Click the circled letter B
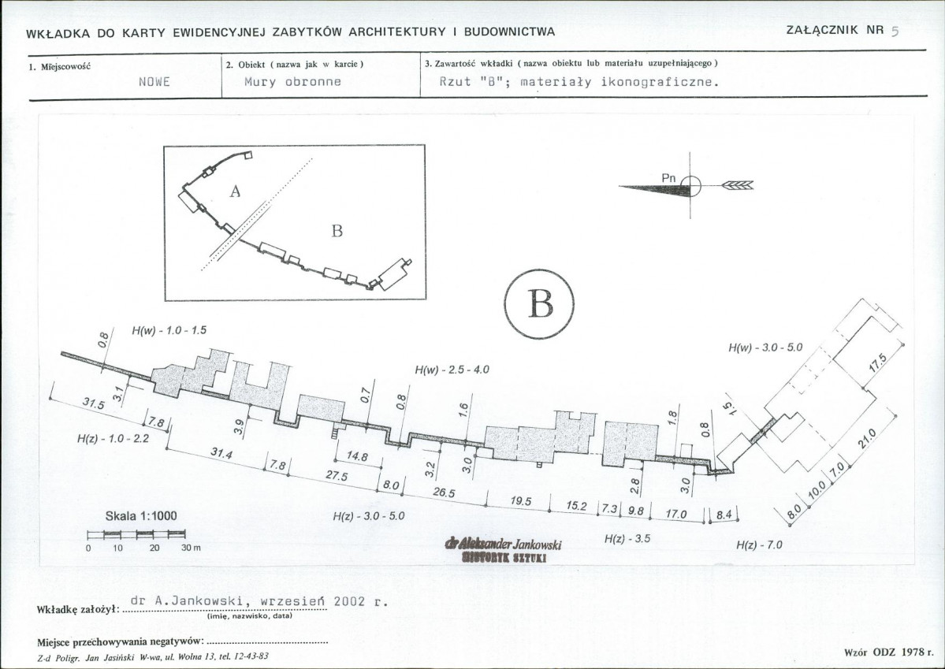(x=540, y=303)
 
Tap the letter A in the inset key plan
(x=235, y=191)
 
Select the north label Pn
(x=669, y=178)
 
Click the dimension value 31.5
(x=94, y=403)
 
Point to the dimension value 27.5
(x=337, y=475)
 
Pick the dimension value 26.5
(x=444, y=492)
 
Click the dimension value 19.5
(x=520, y=501)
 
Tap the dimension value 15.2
(x=576, y=506)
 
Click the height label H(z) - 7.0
(x=759, y=544)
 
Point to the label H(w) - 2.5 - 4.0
(x=452, y=370)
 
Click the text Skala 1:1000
(x=141, y=516)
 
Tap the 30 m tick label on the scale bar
(x=191, y=548)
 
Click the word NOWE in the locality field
(x=154, y=82)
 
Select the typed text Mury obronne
(x=292, y=82)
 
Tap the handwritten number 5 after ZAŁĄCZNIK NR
(x=895, y=32)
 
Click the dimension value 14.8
(x=357, y=456)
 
